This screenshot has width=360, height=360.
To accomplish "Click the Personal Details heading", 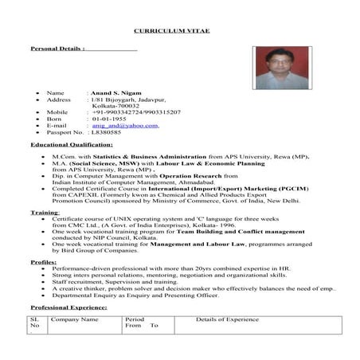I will [x=57, y=49].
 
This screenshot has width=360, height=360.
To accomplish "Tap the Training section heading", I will [x=45, y=213].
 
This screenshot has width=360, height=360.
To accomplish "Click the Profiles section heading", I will [x=43, y=261].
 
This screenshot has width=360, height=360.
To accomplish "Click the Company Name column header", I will [x=75, y=319].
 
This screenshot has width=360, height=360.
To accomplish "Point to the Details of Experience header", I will [x=227, y=319].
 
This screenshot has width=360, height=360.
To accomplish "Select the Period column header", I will [x=135, y=319].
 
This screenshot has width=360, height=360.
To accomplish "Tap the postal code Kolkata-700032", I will [x=115, y=105].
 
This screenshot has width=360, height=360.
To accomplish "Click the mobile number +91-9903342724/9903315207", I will [x=136, y=112].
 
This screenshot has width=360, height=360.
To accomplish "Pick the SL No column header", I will [x=34, y=323].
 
